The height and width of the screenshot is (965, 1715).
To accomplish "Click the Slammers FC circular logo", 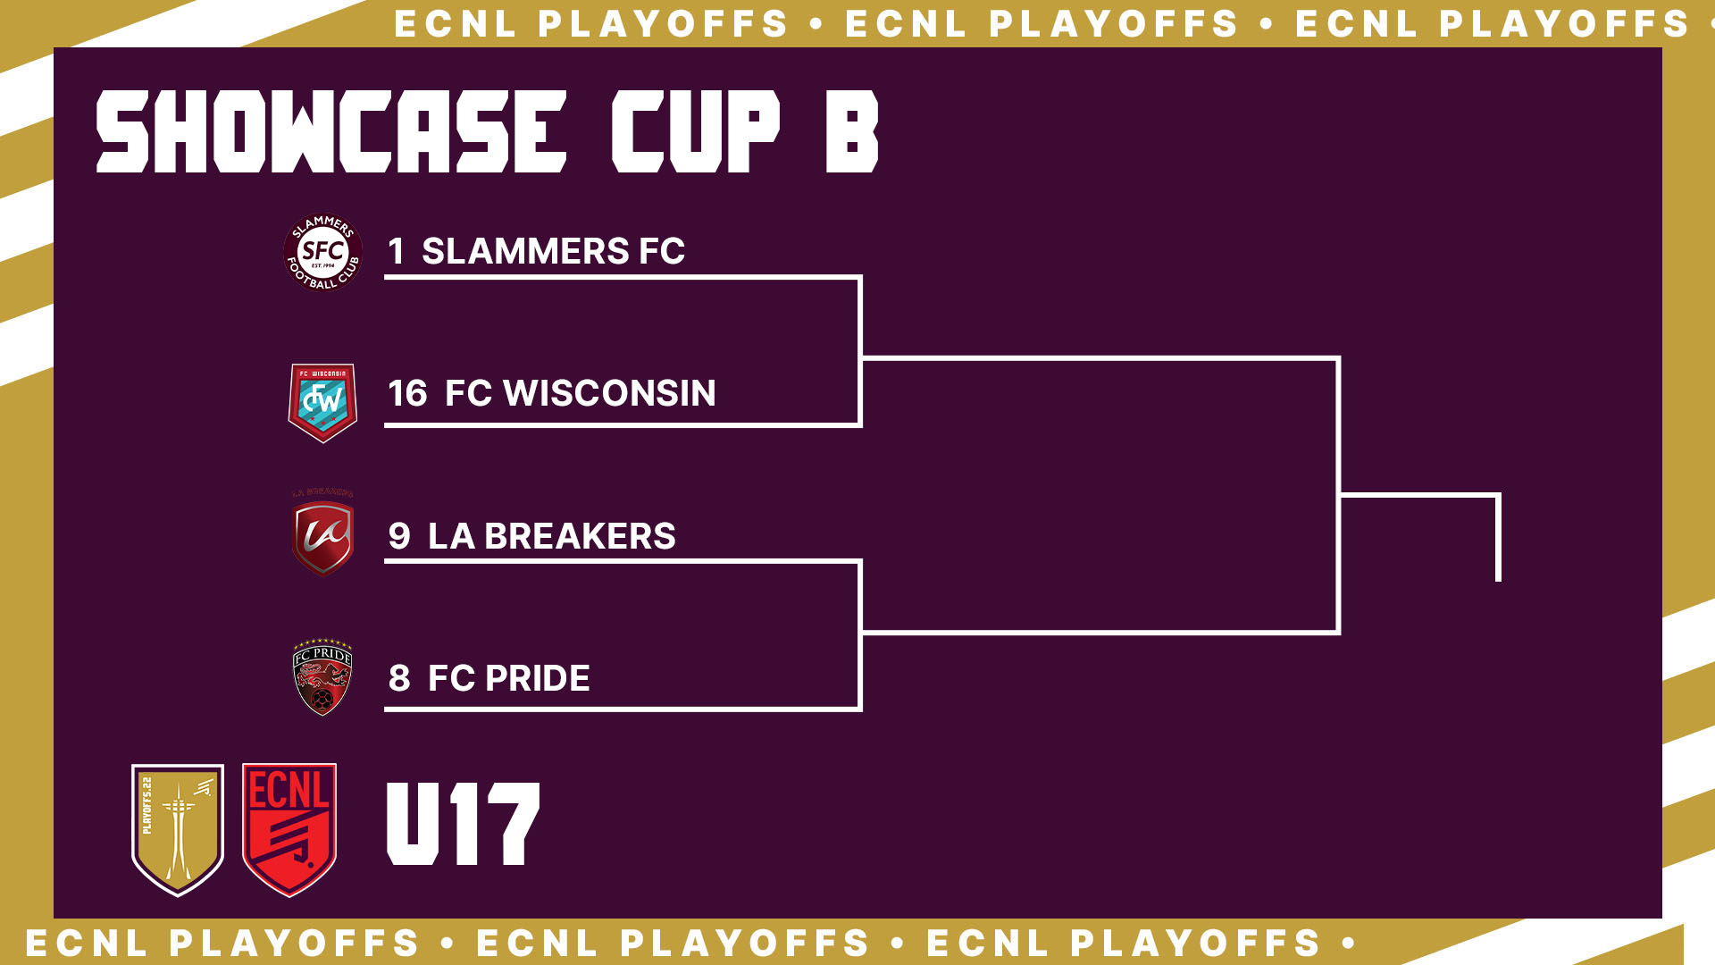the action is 322,252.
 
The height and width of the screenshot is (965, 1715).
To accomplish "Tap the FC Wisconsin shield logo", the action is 322,402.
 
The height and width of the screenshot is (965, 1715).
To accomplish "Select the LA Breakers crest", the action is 322,534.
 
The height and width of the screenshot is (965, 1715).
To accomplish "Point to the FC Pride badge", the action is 322,677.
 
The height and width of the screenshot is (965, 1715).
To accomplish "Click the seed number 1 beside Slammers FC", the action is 396,251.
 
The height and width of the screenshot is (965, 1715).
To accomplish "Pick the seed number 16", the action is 407,393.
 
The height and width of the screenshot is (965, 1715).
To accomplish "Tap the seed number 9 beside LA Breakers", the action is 399,536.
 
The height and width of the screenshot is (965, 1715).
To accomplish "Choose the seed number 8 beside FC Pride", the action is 399,678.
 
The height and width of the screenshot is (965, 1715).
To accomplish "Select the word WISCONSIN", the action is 609,393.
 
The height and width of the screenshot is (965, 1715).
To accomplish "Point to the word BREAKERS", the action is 580,536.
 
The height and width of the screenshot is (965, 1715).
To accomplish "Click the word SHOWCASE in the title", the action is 331,131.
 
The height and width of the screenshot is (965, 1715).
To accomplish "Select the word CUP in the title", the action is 696,131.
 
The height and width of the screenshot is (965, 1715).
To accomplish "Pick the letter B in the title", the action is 852,131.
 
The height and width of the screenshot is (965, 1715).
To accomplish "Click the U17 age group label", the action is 463,824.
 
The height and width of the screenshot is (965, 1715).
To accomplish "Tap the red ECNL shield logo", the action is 289,829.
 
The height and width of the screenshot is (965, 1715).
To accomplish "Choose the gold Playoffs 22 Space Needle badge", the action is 178,829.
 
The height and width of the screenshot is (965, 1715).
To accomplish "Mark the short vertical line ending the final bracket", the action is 1498,538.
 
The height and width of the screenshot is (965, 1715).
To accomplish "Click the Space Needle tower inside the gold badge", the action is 179,831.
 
